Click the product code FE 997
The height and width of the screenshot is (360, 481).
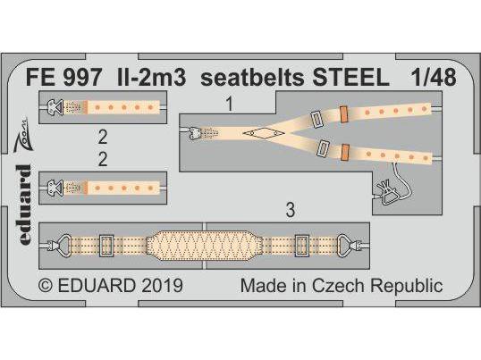click(63, 77)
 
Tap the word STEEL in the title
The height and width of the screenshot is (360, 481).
click(350, 77)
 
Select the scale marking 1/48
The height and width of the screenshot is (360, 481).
click(434, 77)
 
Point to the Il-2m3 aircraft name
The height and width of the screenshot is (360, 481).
click(151, 77)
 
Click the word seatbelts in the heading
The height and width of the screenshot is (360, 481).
click(252, 77)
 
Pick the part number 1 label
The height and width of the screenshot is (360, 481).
click(230, 104)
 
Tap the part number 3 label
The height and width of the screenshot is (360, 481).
click(291, 210)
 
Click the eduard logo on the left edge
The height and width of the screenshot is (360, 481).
click(23, 204)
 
